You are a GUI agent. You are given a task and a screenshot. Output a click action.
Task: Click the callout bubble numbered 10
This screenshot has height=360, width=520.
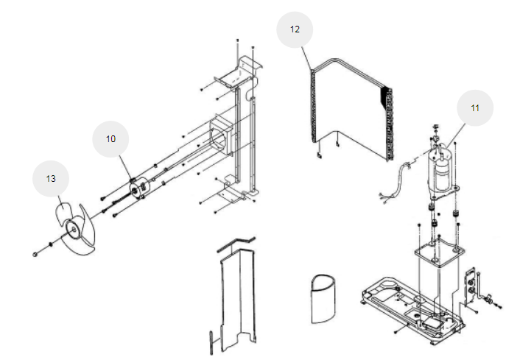(110, 139)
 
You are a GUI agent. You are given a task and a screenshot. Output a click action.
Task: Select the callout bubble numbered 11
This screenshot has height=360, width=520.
(475, 107)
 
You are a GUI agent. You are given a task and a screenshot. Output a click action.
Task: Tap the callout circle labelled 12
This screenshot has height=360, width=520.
(295, 30)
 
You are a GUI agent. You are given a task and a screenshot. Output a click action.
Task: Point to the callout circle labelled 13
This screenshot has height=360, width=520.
(51, 178)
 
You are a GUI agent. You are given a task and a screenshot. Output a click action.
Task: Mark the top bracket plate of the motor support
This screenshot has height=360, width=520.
(236, 77)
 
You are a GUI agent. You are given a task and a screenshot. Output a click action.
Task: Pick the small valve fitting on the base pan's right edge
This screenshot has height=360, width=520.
(488, 300)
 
